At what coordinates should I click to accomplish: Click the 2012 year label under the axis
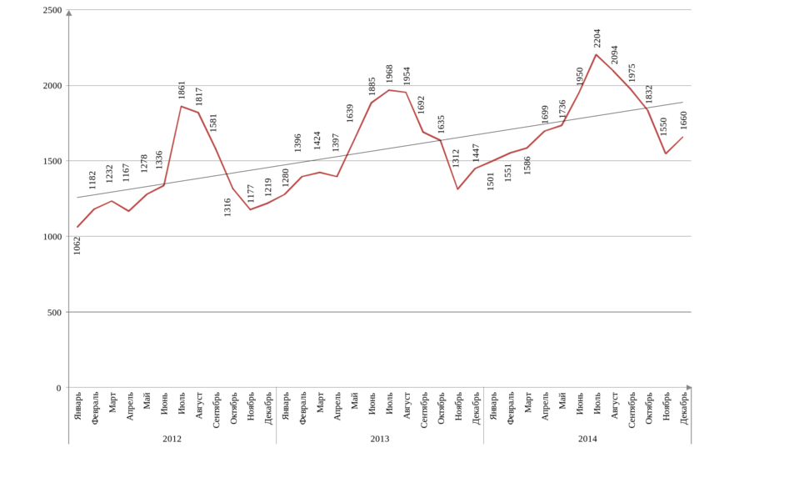172,437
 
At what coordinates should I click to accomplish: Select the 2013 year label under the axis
380,437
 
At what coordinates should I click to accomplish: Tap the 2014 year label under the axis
587,437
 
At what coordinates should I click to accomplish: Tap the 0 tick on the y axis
59,388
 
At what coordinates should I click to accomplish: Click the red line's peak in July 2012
181,105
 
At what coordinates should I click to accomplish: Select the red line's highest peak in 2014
597,54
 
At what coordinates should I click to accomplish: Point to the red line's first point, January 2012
77,227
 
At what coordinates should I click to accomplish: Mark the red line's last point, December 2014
683,137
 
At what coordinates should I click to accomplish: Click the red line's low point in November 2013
458,190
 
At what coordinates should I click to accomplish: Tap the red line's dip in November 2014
666,154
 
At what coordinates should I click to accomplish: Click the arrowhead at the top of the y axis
68,12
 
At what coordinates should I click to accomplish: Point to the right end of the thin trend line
683,103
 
